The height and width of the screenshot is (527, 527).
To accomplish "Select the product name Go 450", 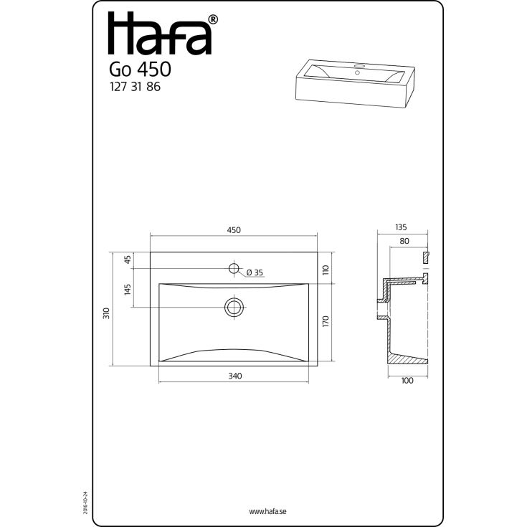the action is coord(140,70).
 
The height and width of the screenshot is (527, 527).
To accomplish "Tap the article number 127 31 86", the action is coord(135,87).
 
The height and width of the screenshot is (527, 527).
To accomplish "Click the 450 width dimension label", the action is coord(234,230).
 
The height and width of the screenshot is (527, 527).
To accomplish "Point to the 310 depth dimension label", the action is coord(106,313).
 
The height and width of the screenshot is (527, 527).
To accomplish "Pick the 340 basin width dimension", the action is coord(235,376).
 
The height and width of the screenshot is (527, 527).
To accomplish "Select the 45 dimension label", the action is coord(128,260).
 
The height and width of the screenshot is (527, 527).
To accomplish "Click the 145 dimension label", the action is coord(128,290).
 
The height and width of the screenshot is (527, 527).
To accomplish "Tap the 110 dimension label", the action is coord(326,270).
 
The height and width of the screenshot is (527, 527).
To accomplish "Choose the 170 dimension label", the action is coord(326,322).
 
